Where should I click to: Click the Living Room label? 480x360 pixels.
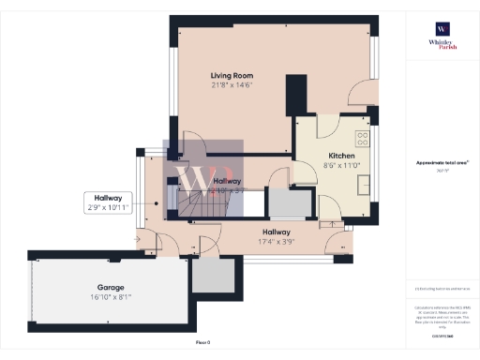point(232,75)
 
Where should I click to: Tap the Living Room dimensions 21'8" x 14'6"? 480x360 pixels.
point(232,84)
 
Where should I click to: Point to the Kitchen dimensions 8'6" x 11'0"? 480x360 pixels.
point(339,165)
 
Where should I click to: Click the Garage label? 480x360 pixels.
point(111,287)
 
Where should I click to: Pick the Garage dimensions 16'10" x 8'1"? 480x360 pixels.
point(111,297)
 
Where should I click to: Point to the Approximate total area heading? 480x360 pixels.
point(442,162)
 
